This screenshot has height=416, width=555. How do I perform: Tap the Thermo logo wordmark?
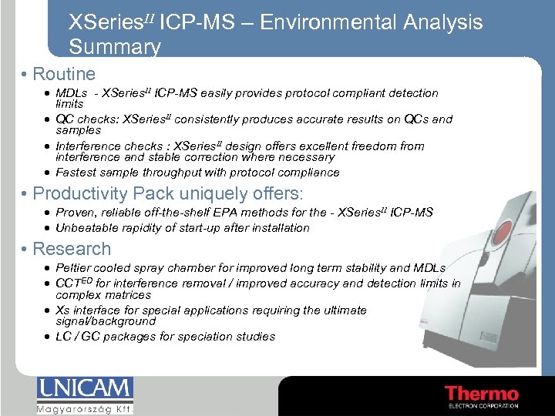coord(482,393)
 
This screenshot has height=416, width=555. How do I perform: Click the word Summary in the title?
coord(115,48)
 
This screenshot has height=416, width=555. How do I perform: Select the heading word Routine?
coord(65,75)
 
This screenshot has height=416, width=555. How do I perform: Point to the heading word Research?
coord(72,249)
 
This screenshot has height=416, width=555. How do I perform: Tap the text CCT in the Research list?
coord(65,283)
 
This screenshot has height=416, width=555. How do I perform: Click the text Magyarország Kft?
coord(85,408)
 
